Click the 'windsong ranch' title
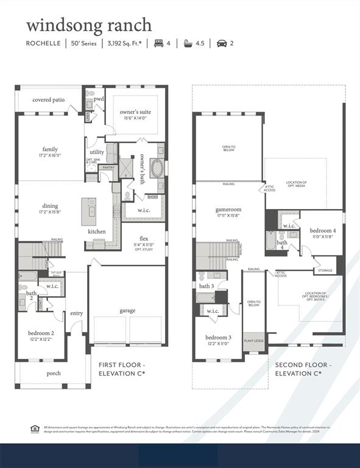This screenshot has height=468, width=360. (89, 25)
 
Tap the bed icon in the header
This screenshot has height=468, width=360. (159, 43)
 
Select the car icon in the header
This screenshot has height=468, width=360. (222, 43)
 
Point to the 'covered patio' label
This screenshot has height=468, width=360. (49, 99)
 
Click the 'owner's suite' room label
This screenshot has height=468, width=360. (135, 112)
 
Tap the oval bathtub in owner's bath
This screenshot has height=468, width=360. (156, 168)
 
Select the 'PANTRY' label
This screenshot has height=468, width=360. (108, 168)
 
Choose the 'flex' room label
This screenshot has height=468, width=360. (144, 238)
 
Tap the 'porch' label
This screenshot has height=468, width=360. (54, 373)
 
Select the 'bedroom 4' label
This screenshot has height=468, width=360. (322, 230)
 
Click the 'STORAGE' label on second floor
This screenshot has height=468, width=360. (325, 271)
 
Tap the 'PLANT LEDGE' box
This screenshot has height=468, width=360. (254, 341)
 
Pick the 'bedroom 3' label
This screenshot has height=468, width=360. (218, 337)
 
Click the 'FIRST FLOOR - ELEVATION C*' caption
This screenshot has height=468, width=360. (122, 369)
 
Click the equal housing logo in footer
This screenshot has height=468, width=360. (35, 429)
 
